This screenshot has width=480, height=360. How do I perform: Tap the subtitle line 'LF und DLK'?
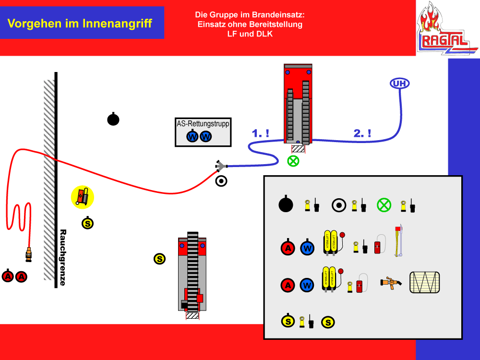pos(250,34)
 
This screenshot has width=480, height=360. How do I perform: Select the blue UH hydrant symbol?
pos(400,84)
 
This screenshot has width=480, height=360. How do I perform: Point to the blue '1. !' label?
pos(261,134)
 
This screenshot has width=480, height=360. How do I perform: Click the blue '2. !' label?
pos(362,134)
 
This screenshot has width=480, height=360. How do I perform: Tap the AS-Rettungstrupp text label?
pos(203,123)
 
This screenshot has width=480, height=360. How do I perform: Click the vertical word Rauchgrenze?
pos(62,257)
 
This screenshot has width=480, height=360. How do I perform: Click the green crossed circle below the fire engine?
pos(293,161)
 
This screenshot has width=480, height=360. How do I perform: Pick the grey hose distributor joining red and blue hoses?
pos(220,166)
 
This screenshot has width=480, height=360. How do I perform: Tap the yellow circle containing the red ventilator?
pos(83,197)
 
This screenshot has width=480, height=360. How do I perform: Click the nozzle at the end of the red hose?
pos(28,254)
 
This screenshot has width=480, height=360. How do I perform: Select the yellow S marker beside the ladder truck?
pos(159,259)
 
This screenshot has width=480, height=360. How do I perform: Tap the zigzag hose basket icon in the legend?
pos(424,282)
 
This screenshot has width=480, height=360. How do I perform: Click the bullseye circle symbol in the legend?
pos(339,205)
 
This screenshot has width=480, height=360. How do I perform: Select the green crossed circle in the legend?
pos(384,205)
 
